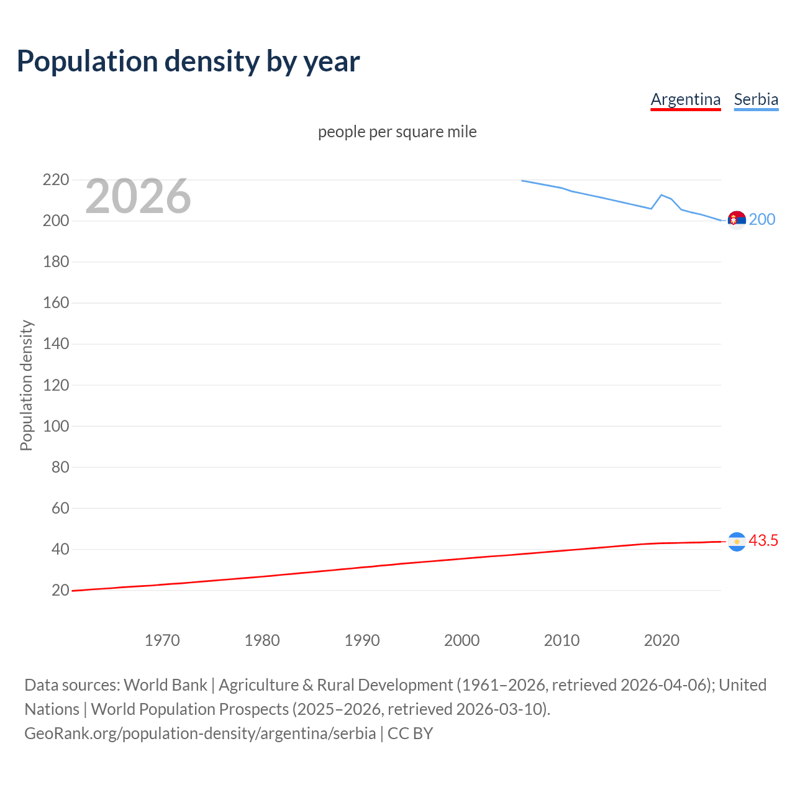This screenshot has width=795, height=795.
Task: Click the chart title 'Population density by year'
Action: tap(188, 61)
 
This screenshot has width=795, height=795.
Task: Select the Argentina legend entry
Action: tap(686, 99)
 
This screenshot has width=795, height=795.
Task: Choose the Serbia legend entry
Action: tap(756, 99)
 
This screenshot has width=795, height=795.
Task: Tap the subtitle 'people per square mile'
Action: tap(397, 132)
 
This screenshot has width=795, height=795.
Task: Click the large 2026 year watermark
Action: tap(138, 196)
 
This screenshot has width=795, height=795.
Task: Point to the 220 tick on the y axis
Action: tap(56, 180)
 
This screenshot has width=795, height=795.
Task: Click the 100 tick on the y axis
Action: tap(56, 426)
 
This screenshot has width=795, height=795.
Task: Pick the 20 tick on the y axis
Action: tap(60, 590)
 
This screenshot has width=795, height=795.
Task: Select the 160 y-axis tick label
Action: tap(56, 303)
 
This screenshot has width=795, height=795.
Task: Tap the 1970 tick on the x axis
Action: tap(162, 640)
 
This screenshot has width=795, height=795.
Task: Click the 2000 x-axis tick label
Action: tap(461, 640)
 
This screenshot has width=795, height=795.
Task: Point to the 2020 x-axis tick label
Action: tap(661, 640)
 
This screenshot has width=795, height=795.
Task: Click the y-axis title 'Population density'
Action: tap(26, 385)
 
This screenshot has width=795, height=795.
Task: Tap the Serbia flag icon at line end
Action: tap(737, 220)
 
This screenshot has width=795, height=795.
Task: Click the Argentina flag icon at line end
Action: tap(737, 542)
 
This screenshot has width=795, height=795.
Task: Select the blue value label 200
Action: tap(762, 220)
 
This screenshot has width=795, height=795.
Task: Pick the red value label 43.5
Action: tap(763, 541)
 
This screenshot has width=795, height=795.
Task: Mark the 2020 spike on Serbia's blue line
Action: tap(661, 195)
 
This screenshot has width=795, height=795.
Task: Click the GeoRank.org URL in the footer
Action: tap(200, 734)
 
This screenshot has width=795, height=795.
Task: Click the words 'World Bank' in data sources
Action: tap(165, 685)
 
